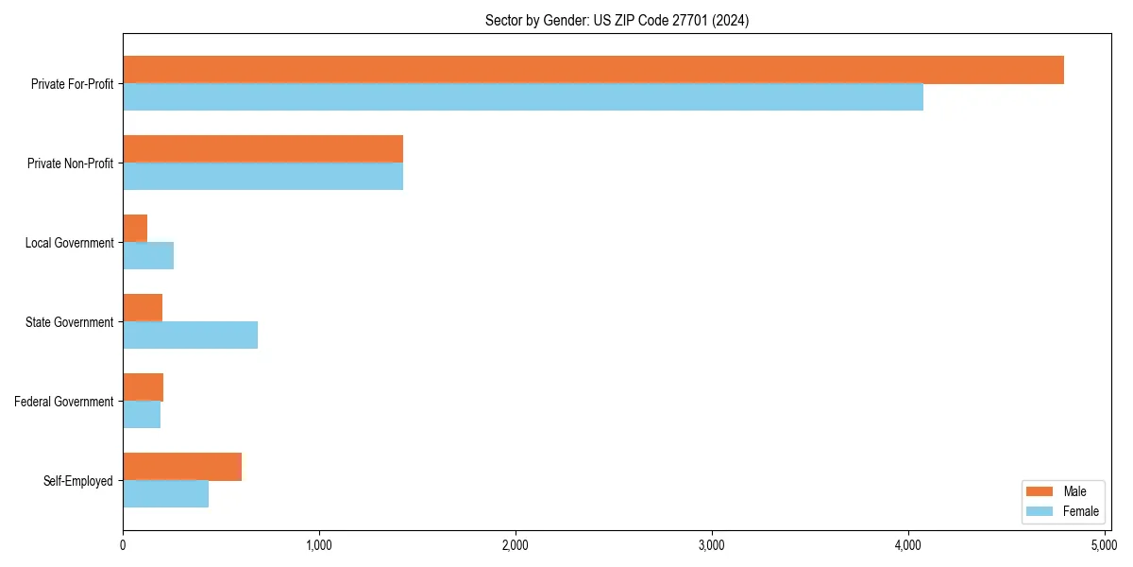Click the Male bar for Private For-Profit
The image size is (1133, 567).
coord(593,70)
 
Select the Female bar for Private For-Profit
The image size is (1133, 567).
coord(523,97)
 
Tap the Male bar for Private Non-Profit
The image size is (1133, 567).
coord(262,149)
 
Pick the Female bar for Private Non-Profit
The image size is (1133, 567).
coord(262,177)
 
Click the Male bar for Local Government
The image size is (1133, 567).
coord(135,229)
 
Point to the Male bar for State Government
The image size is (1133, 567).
coord(143,308)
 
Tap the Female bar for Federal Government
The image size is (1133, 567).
coord(142,415)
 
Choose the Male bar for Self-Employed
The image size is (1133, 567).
coord(182,467)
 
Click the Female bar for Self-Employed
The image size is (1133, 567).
coord(165,494)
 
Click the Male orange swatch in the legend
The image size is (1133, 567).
coord(1039,491)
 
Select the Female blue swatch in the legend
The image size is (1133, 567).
coord(1039,511)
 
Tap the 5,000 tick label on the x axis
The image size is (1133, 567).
coord(1104,545)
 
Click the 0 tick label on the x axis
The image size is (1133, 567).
coord(123,545)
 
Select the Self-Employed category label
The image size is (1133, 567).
coord(78,481)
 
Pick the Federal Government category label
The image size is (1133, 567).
coord(64,402)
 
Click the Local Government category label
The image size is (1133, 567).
coord(70,243)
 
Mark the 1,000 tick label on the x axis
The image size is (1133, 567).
coord(319,545)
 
